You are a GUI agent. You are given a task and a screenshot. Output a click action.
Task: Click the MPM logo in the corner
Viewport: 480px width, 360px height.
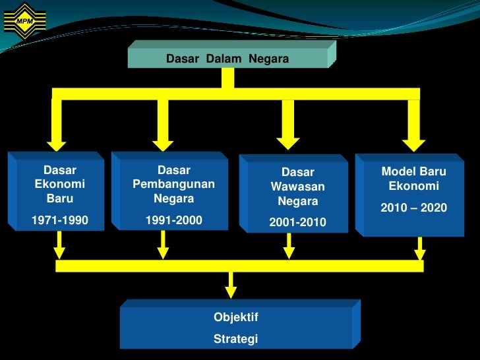point(24,21)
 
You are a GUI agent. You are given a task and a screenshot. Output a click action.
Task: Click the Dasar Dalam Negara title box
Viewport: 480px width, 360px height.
point(227,59)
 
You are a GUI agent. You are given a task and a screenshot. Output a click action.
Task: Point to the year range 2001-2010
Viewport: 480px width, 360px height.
point(297,222)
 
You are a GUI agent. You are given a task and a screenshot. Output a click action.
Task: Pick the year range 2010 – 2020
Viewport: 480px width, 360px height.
point(413,208)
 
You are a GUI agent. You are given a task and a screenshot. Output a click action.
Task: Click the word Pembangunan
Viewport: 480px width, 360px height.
point(173,184)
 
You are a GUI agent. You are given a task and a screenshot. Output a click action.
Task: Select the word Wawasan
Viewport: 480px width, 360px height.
point(297,187)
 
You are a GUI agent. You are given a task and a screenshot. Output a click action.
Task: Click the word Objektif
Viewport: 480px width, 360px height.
point(236,317)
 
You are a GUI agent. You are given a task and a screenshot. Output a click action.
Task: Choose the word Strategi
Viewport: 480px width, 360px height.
point(235,340)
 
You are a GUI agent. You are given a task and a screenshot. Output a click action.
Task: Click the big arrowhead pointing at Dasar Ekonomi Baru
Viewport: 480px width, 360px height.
point(57,140)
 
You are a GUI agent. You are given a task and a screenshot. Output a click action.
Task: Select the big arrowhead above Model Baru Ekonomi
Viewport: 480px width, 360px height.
point(414,140)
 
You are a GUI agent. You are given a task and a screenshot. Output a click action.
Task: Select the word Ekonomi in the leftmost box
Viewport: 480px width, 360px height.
point(60,185)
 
